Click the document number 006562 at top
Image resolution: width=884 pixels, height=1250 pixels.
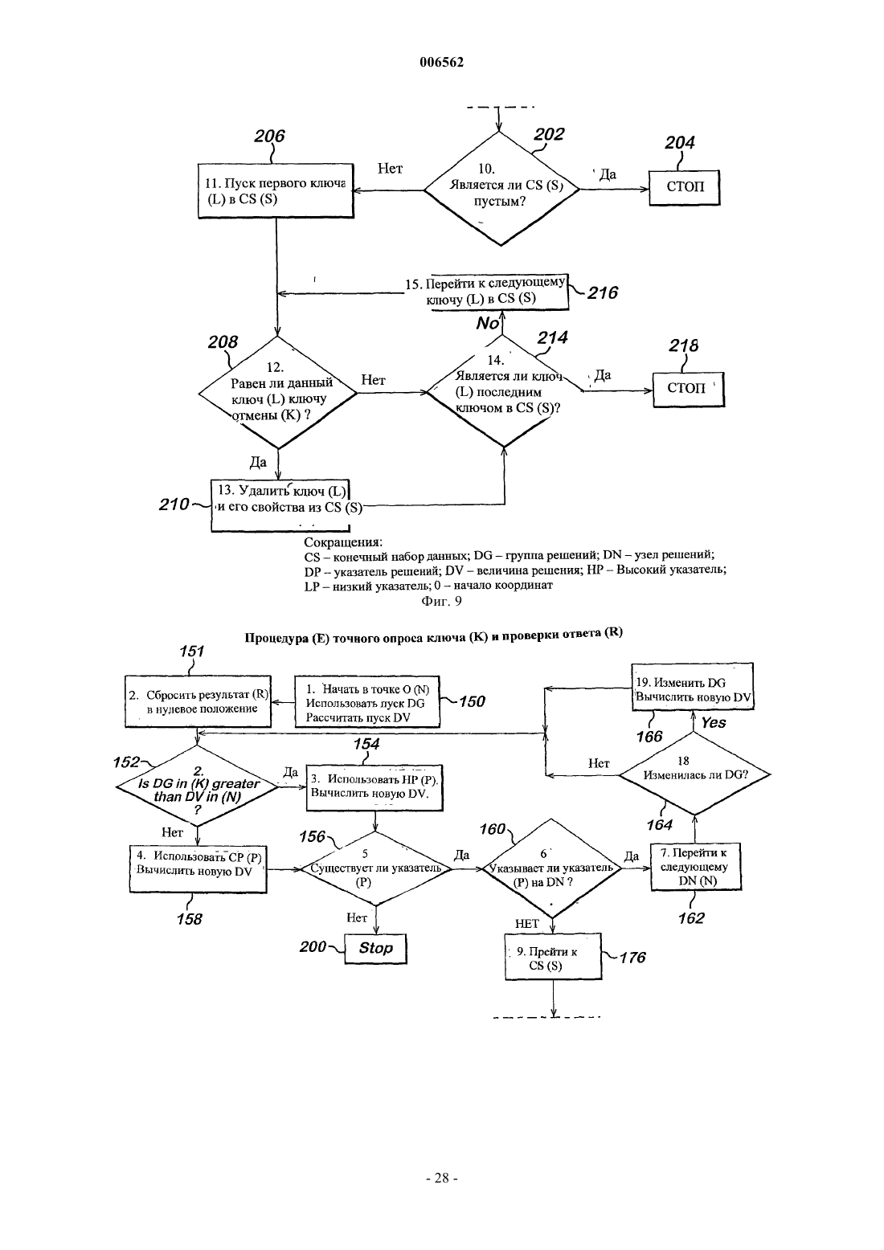pyautogui.click(x=441, y=62)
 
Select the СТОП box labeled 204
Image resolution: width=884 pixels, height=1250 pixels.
pyautogui.click(x=684, y=187)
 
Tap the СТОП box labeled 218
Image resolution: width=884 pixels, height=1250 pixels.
pyautogui.click(x=688, y=389)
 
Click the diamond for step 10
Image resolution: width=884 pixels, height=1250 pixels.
pyautogui.click(x=501, y=189)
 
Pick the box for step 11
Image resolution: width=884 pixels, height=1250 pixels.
pyautogui.click(x=276, y=190)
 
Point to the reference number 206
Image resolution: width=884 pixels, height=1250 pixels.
pyautogui.click(x=269, y=136)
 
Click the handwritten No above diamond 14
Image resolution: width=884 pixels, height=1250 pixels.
pyautogui.click(x=487, y=323)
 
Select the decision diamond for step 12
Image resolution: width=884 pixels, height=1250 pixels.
pyautogui.click(x=277, y=392)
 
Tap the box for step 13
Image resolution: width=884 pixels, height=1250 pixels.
pyautogui.click(x=280, y=505)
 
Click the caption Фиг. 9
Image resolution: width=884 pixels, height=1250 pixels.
pyautogui.click(x=441, y=601)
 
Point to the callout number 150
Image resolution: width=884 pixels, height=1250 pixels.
pyautogui.click(x=472, y=701)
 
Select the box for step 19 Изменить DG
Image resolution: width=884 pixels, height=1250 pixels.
pyautogui.click(x=693, y=686)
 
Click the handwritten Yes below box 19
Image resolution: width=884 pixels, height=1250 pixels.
pyautogui.click(x=714, y=723)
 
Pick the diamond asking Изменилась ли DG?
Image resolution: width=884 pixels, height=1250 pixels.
pyautogui.click(x=695, y=774)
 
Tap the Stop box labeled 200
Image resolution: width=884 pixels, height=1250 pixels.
pyautogui.click(x=375, y=948)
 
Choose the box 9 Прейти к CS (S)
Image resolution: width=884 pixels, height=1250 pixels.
pyautogui.click(x=553, y=957)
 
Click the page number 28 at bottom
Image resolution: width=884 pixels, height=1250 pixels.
pyautogui.click(x=441, y=1178)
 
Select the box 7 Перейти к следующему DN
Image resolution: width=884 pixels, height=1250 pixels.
pyautogui.click(x=696, y=867)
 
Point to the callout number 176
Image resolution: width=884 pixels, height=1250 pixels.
pyautogui.click(x=632, y=958)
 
